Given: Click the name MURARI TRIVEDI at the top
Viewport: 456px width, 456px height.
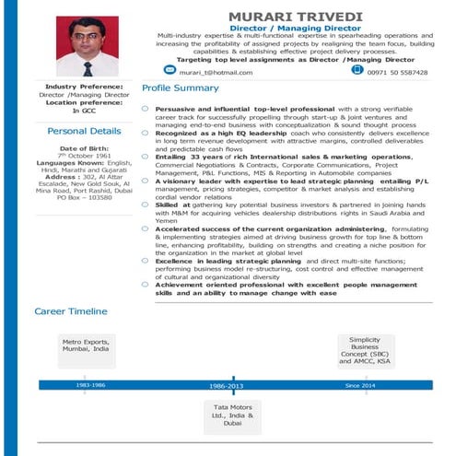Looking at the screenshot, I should tap(295, 17).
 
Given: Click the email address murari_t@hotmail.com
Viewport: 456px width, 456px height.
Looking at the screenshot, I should tap(216, 72).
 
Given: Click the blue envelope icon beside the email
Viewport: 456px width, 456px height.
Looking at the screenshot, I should tap(169, 70).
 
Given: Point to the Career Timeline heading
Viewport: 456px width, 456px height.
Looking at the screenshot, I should tap(70, 311).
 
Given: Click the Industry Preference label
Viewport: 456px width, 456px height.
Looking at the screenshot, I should tap(85, 88).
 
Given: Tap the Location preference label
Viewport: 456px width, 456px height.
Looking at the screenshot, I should tap(85, 102).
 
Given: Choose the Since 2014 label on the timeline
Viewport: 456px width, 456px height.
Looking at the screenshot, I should tap(359, 384).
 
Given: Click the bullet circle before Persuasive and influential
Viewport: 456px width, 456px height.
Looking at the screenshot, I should tap(146, 109).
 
